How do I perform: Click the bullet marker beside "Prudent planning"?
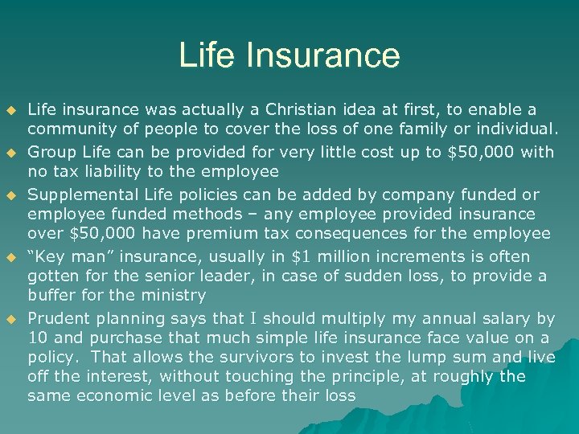pos(11,319)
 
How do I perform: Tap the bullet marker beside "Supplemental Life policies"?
pos(11,195)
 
